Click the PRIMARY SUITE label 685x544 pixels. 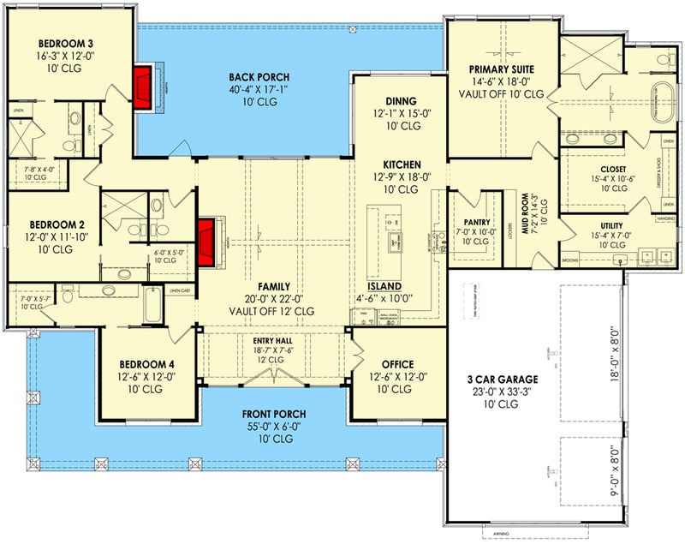pyautogui.click(x=501, y=69)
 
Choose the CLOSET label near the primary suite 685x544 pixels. pyautogui.click(x=613, y=169)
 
